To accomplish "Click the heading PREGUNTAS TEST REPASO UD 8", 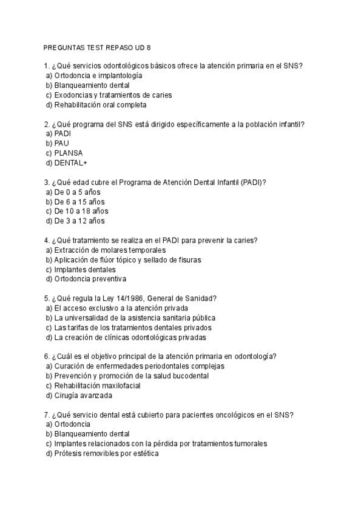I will (x=97, y=47).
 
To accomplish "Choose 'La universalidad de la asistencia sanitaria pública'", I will (x=135, y=318).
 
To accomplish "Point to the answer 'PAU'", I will (x=62, y=144).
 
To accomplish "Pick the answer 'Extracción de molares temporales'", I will (x=110, y=250).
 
